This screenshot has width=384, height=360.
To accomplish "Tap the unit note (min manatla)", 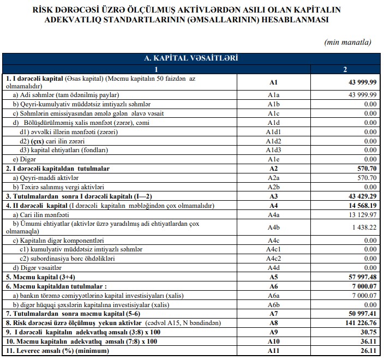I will point(347,42).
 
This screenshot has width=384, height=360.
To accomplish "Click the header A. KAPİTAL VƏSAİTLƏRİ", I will point(190,58).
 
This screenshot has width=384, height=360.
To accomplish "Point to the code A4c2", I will point(273,259).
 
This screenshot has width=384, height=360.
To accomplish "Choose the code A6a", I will point(273,296).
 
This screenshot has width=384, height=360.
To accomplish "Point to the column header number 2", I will point(345,69).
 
